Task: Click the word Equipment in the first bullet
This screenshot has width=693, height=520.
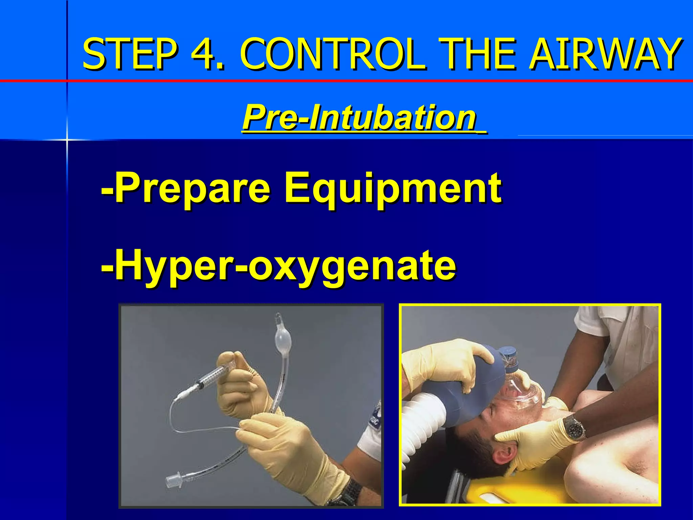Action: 393,188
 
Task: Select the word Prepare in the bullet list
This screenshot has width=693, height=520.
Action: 193,188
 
